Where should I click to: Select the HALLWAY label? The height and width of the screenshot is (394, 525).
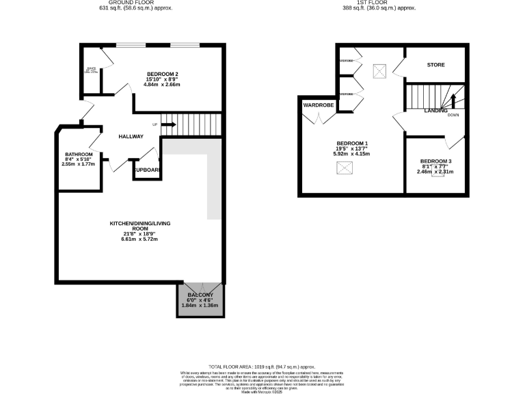pyautogui.click(x=131, y=136)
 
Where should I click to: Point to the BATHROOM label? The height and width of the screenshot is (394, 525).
pyautogui.click(x=78, y=154)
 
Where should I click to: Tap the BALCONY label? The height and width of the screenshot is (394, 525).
pyautogui.click(x=200, y=295)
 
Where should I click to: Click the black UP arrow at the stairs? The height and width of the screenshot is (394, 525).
pyautogui.click(x=168, y=124)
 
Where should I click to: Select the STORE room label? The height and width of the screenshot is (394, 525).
pyautogui.click(x=435, y=65)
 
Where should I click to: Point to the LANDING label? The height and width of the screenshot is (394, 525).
pyautogui.click(x=435, y=110)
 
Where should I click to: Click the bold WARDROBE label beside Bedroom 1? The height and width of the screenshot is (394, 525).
pyautogui.click(x=319, y=105)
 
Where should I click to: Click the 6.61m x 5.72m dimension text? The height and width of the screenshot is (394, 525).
pyautogui.click(x=139, y=240)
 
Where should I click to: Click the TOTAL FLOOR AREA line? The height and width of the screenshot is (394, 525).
pyautogui.click(x=262, y=367)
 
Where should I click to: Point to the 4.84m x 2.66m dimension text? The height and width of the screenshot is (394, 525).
pyautogui.click(x=163, y=86)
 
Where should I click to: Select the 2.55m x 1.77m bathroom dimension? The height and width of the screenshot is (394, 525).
pyautogui.click(x=78, y=165)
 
